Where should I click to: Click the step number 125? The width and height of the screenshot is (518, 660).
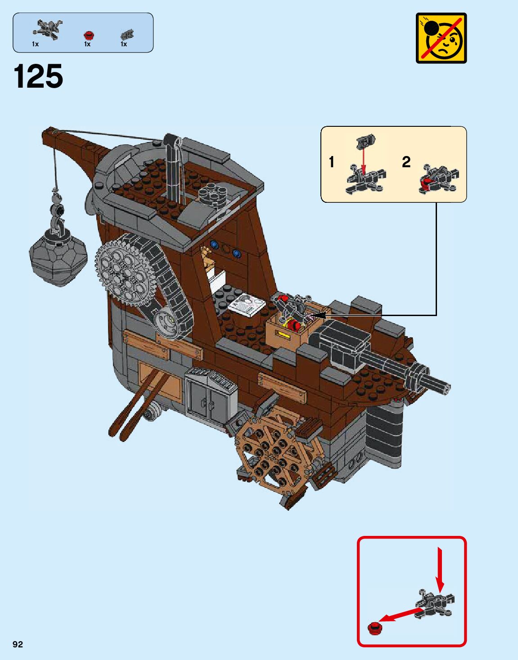point(39,76)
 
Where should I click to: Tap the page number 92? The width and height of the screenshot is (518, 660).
point(18,644)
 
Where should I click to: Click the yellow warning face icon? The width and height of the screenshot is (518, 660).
point(441,38)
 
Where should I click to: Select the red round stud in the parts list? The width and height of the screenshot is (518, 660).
point(89,35)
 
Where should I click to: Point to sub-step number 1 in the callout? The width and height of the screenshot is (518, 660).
point(332,162)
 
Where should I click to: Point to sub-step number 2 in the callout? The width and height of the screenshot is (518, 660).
point(406,162)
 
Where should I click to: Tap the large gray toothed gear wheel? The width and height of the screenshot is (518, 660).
point(122,270)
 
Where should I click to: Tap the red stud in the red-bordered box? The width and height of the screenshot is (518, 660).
point(374,627)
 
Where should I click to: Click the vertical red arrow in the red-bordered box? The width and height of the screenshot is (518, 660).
point(440,569)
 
